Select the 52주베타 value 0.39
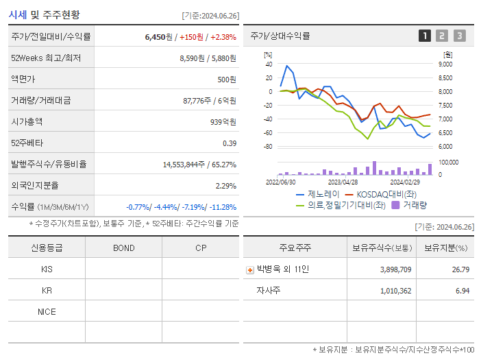click(x=229, y=143)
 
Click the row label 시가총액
click(x=27, y=121)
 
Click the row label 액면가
click(x=23, y=80)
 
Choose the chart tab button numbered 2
click(x=442, y=36)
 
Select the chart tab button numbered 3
click(x=459, y=36)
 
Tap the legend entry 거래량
click(x=415, y=204)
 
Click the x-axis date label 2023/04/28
click(x=343, y=182)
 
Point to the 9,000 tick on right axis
click(x=445, y=64)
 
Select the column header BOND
click(x=123, y=248)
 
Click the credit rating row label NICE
click(x=47, y=311)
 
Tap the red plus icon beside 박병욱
click(x=249, y=269)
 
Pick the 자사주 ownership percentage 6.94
click(x=461, y=291)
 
